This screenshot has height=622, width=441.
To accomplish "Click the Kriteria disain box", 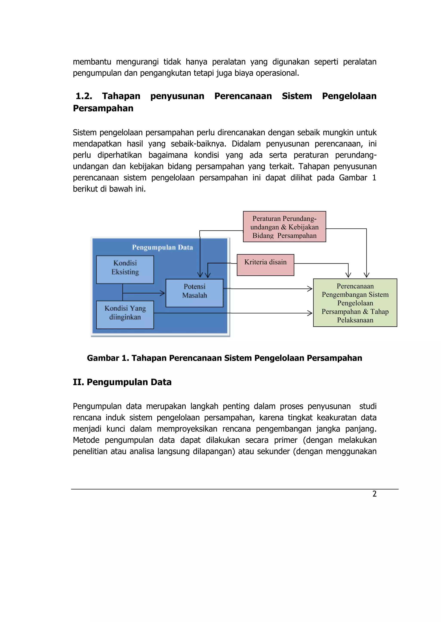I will pos(265,265).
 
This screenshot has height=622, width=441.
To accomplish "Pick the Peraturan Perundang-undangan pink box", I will pos(284,226).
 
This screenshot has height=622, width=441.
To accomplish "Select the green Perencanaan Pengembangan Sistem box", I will pos(355,302).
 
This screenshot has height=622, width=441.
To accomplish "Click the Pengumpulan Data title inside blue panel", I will pos(162,247).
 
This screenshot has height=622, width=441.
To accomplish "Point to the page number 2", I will pos(374,494).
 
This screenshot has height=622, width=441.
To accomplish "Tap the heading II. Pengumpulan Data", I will pos(122,382).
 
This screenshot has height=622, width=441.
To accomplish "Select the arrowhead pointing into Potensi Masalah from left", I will pos(163,293).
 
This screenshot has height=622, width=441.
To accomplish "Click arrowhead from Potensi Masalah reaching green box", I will pos(310,288).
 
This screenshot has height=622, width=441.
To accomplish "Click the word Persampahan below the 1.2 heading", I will pos(103,108).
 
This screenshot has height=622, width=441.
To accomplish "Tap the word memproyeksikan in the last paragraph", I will pos(187,429).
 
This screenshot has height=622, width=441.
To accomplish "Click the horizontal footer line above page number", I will pos(235,489).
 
